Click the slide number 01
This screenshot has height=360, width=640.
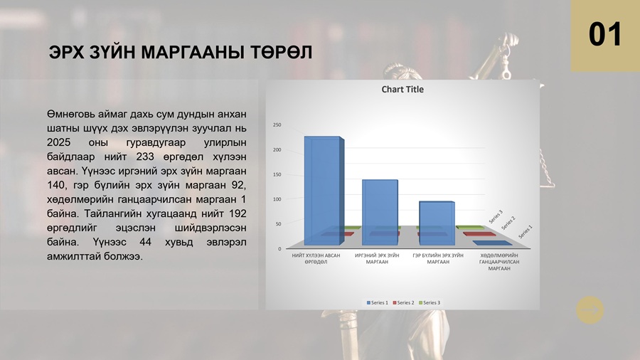coord(605,34)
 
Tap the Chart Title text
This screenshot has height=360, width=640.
coord(402,90)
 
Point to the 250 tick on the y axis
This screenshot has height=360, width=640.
coord(277,125)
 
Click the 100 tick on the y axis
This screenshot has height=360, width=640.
coord(277,199)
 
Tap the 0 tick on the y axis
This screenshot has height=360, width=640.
coord(279,248)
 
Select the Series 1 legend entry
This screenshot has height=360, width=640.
coord(377,302)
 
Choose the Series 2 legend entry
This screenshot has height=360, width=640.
coord(403,302)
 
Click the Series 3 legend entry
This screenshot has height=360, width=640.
coord(430,302)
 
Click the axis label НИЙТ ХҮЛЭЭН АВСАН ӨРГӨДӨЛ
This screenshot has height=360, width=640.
coord(316,259)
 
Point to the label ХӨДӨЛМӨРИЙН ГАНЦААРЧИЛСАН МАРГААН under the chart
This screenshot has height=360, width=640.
coord(499,262)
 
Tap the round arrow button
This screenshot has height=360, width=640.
coord(590,310)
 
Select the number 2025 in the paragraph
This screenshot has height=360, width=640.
coord(59,142)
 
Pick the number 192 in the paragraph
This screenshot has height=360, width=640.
coord(238,213)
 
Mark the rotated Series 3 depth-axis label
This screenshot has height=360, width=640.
coord(496,217)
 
